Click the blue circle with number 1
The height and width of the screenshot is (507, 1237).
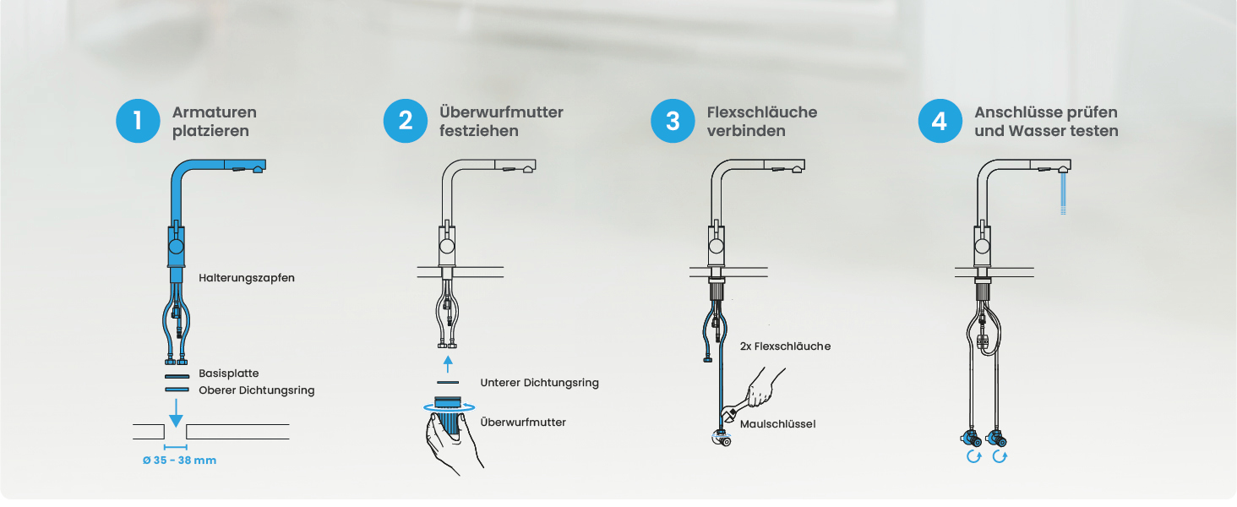tap(138, 121)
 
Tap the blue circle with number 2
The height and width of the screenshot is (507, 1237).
tap(406, 121)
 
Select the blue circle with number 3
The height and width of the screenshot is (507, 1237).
tap(673, 121)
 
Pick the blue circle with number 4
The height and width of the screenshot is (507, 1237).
tap(940, 121)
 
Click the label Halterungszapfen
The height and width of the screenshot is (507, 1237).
tap(246, 278)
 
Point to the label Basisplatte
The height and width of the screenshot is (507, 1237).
tap(229, 373)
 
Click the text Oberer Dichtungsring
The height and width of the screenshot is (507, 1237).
tap(257, 390)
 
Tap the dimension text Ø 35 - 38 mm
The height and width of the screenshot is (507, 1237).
tap(179, 460)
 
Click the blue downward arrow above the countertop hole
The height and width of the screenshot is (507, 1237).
tap(176, 413)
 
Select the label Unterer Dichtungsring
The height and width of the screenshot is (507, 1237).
tap(540, 383)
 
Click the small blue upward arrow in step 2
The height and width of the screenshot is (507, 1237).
tap(448, 364)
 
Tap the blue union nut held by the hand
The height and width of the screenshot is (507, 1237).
tap(448, 417)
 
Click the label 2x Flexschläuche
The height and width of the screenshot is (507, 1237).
tap(785, 346)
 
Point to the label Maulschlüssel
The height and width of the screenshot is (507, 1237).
tap(777, 424)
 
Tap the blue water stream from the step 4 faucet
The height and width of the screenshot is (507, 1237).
tap(1063, 194)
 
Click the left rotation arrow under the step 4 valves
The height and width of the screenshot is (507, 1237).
tap(973, 457)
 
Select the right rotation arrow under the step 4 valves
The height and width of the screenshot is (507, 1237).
tap(1000, 457)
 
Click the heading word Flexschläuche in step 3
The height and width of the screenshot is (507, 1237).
tap(762, 112)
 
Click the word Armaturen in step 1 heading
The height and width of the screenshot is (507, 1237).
tap(215, 112)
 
